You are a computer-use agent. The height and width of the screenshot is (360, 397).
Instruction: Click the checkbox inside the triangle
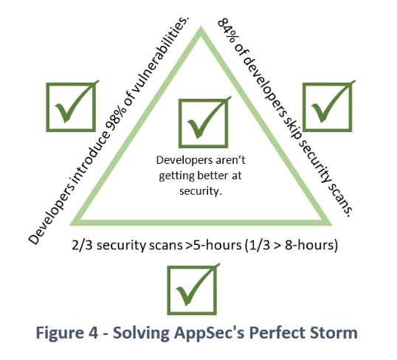[204, 123]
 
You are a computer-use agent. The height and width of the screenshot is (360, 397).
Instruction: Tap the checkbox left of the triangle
[71, 108]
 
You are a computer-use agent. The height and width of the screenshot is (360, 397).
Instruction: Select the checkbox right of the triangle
[328, 108]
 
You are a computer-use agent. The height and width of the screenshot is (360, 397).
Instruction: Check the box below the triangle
[192, 291]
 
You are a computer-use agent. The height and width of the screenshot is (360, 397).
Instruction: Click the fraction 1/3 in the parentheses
[260, 246]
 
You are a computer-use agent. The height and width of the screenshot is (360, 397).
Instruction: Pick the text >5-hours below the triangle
[213, 246]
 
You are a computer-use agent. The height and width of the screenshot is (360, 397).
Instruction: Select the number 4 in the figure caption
[93, 333]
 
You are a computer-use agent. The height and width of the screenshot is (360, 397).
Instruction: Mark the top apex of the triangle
[201, 27]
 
